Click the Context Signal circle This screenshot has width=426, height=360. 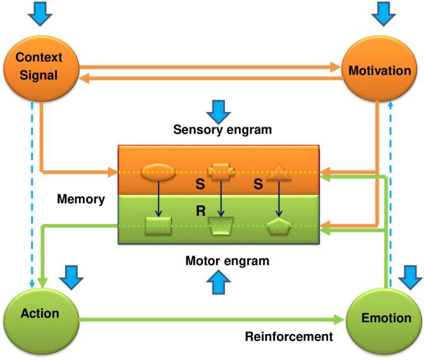click(41, 68)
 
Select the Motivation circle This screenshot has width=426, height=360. click(379, 69)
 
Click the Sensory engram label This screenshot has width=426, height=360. click(222, 130)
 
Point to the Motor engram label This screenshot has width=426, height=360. click(228, 261)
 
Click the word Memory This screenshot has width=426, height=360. click(81, 199)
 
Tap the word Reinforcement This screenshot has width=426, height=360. click(289, 337)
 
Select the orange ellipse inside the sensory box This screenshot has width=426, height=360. click(159, 172)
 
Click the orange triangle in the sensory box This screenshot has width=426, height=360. click(279, 173)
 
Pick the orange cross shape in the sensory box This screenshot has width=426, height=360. click(221, 171)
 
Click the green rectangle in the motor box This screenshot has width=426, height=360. click(159, 226)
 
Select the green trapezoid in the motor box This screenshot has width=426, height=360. click(221, 226)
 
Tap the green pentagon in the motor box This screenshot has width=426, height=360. click(279, 226)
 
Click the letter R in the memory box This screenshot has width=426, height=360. click(201, 211)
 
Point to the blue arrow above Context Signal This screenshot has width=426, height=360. click(40, 13)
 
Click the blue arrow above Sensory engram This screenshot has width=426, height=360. click(219, 112)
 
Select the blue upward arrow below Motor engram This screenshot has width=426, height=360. click(219, 282)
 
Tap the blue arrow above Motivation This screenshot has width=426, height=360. click(384, 13)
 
